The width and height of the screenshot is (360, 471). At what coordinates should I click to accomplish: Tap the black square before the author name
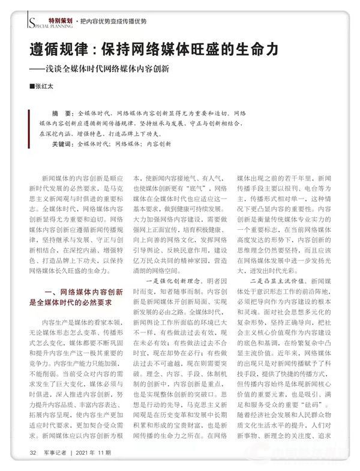pos(32,88)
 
